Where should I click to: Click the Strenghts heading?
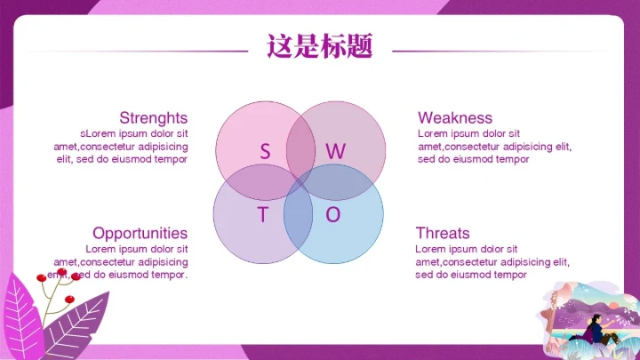(153, 118)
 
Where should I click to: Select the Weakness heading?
(454, 118)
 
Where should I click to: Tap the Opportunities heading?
(140, 234)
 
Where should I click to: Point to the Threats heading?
(442, 234)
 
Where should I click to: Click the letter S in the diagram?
(265, 151)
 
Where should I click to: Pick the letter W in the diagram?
(334, 151)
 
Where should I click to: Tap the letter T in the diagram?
(262, 215)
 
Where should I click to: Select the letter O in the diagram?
(332, 215)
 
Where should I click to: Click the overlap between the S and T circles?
(251, 182)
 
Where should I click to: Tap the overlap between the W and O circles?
(347, 182)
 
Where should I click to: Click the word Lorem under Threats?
(431, 250)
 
